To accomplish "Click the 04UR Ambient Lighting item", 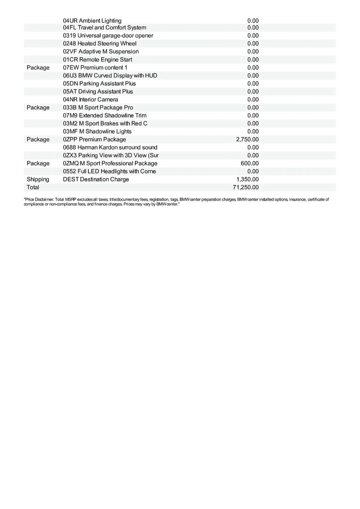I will [x=92, y=20].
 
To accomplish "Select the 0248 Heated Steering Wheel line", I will [x=100, y=43].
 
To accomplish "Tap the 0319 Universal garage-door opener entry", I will [x=108, y=36].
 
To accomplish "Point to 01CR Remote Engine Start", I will [x=97, y=59].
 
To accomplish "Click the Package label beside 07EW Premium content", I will [x=38, y=67].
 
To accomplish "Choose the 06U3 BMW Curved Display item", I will [x=110, y=76].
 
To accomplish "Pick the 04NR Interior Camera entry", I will [x=90, y=99].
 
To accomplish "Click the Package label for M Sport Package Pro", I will [x=38, y=107].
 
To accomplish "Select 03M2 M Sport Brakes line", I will [x=105, y=123].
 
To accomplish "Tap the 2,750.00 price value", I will [x=247, y=139].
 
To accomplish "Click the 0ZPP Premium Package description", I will [x=94, y=139].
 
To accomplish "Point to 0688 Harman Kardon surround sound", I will [x=110, y=147].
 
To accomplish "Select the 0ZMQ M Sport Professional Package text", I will [x=110, y=163].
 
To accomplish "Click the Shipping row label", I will [x=38, y=179].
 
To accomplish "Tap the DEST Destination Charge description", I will [x=96, y=179].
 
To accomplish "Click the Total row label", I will [x=33, y=187].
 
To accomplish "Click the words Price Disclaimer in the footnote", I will [x=39, y=199].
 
